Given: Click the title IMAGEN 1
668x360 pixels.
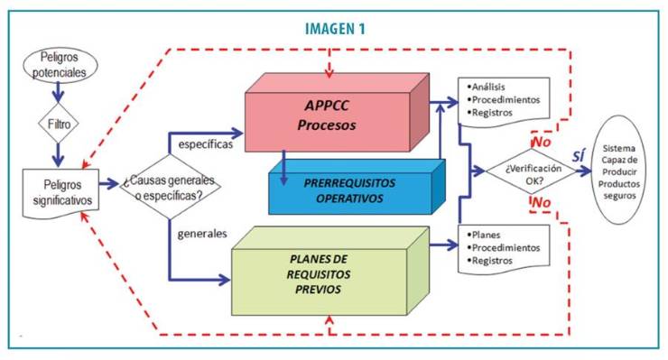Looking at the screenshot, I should pos(333,28).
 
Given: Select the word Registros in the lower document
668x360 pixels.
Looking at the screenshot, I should pos(491,260).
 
